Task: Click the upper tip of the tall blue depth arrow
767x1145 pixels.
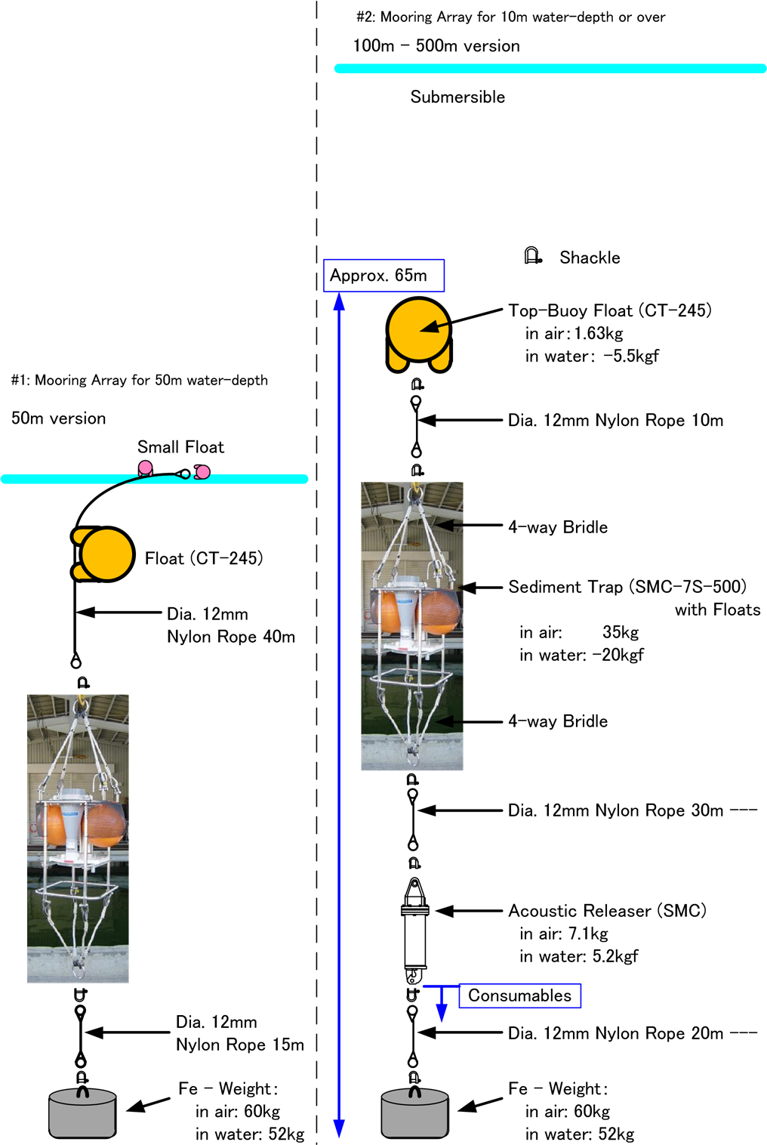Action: tap(339, 293)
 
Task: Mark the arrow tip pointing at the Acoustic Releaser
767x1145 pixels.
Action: tap(436, 911)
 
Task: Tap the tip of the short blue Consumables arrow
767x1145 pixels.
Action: tap(442, 1021)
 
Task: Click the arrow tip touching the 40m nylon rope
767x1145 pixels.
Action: tap(76, 612)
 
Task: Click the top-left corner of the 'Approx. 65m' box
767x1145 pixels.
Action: tap(323, 260)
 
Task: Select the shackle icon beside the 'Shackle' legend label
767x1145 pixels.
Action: tap(533, 255)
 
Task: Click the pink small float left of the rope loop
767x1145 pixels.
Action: tap(145, 468)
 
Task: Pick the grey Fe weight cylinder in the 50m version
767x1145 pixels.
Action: tap(83, 1113)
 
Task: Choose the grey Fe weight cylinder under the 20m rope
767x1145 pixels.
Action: tap(415, 1113)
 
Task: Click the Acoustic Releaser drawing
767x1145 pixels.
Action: tap(414, 931)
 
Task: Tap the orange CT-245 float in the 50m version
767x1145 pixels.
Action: tap(103, 554)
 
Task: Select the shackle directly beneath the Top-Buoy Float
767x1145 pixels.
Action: tap(417, 384)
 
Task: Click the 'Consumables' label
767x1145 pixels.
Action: tap(519, 995)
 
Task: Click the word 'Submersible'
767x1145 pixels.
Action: tap(457, 97)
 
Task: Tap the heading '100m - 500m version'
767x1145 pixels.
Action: tap(436, 46)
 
